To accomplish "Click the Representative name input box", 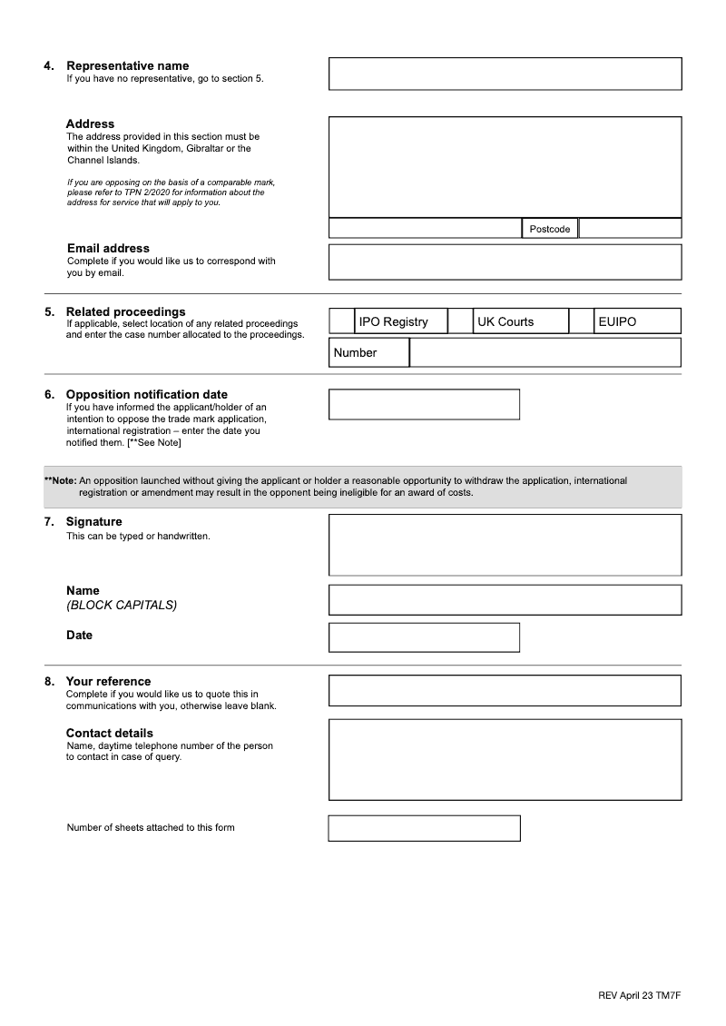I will [x=505, y=74].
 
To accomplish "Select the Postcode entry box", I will [x=630, y=228].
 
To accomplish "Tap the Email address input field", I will [x=505, y=261].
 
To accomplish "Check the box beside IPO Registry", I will [x=341, y=321].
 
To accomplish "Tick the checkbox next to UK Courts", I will [x=461, y=321].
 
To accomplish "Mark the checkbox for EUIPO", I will [x=581, y=321].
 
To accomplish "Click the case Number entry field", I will [x=544, y=352].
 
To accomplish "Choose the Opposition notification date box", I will [x=424, y=405].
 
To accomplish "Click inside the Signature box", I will [x=505, y=545].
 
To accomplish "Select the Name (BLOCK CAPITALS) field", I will [x=505, y=600].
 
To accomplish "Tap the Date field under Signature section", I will [x=424, y=637].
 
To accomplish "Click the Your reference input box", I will [x=505, y=690].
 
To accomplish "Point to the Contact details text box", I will [x=505, y=760].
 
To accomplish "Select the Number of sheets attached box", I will [x=424, y=828].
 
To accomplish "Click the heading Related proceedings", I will [x=125, y=312].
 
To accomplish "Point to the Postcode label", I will [x=550, y=229].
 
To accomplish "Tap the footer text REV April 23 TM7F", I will [x=640, y=996].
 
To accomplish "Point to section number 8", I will [x=49, y=682].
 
